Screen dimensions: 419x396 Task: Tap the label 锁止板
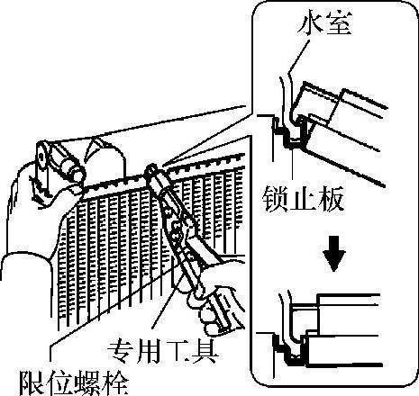tap(303, 199)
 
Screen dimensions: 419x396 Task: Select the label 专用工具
tap(162, 351)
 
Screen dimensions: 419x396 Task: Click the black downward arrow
tap(334, 254)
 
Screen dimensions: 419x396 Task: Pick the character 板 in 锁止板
tap(331, 199)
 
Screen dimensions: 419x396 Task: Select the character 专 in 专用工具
tap(121, 351)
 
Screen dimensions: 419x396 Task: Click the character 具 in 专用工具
tap(205, 351)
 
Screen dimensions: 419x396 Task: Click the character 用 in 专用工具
tap(148, 351)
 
